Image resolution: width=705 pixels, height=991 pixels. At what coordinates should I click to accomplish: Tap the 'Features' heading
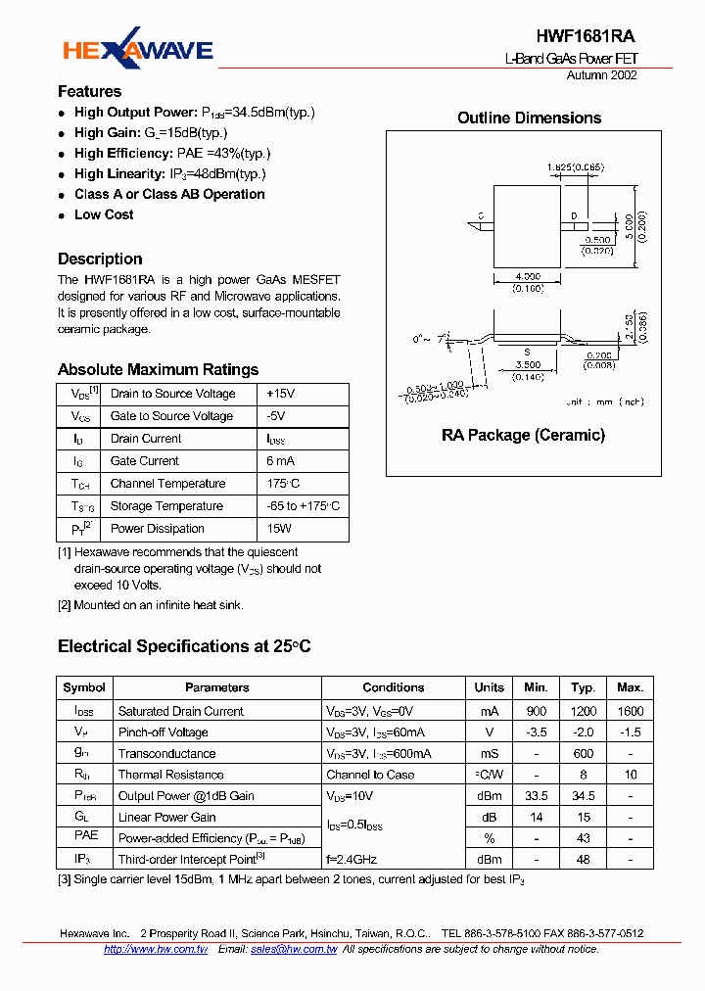89,91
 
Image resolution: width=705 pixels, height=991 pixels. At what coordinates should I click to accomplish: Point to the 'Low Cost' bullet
104,214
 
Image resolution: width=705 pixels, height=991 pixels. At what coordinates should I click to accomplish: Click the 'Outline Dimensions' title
529,118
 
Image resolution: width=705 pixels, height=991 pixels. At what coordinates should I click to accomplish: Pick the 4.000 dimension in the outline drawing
528,277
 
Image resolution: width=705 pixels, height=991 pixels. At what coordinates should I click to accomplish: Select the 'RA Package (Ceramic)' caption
523,435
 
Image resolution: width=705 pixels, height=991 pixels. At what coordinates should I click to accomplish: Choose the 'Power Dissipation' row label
157,529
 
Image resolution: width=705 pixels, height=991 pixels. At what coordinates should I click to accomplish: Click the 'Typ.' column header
584,687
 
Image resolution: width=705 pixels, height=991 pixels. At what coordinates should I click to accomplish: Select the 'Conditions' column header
393,687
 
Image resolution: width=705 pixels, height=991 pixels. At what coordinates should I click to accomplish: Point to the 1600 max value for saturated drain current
631,711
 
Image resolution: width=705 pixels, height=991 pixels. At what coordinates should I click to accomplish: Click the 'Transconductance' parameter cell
166,754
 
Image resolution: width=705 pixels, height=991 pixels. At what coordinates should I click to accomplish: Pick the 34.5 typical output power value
584,796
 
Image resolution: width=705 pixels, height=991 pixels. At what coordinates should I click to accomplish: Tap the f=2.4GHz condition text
352,860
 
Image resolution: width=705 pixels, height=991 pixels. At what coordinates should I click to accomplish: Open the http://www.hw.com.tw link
155,949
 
